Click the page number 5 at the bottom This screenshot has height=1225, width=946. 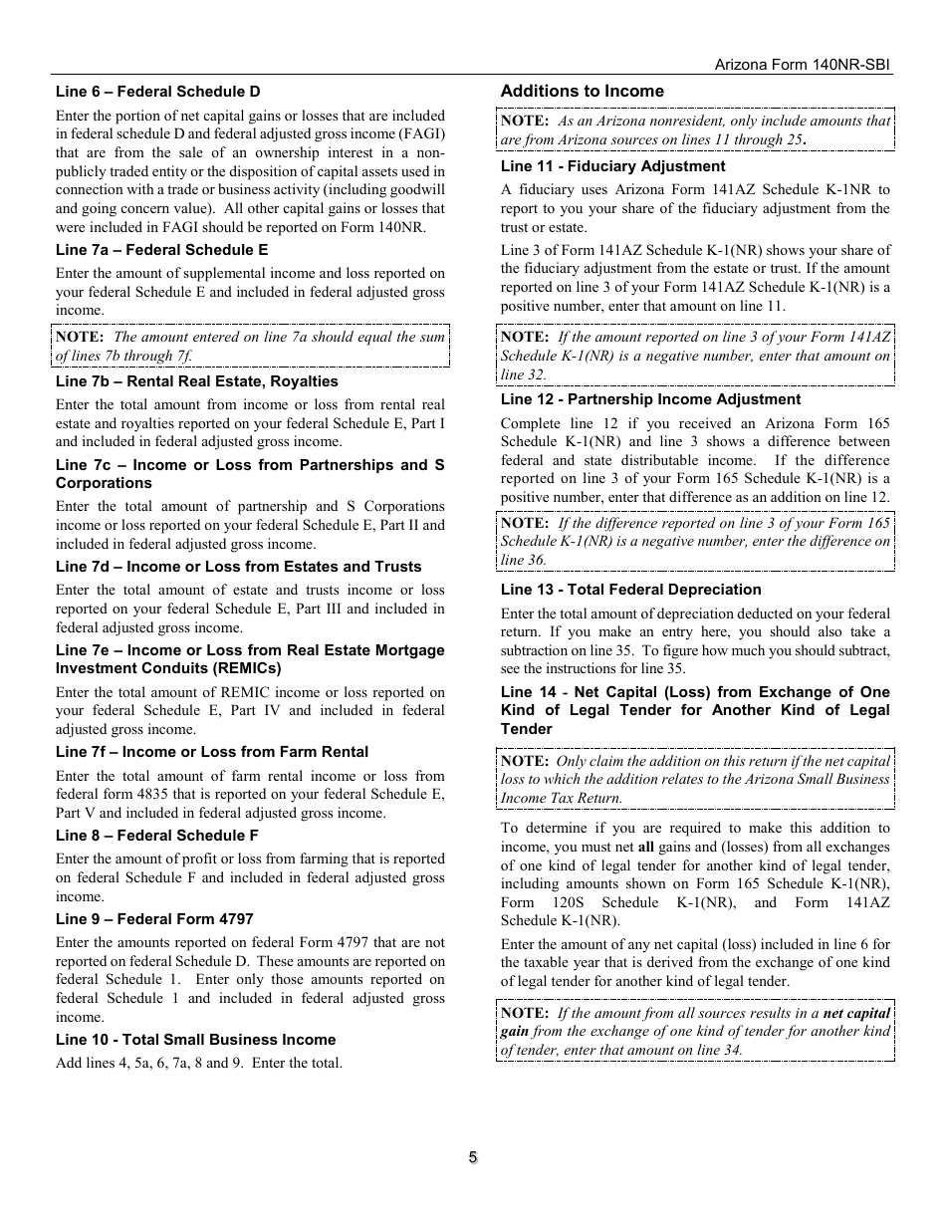(473, 1157)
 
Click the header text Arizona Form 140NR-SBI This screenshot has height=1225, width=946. (803, 64)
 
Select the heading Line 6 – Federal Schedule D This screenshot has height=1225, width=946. (158, 92)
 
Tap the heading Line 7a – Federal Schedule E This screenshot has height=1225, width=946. (161, 250)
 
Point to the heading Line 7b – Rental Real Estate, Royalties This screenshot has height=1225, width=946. (196, 381)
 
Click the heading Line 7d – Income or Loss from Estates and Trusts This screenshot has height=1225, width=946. (238, 567)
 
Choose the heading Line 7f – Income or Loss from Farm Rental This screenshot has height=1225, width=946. (211, 752)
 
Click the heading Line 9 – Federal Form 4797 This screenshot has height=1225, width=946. (154, 919)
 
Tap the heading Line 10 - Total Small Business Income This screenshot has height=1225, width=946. (195, 1040)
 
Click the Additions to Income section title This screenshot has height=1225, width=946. (582, 91)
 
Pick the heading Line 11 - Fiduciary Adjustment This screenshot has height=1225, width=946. (612, 166)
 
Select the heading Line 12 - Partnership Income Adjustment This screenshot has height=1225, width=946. (650, 399)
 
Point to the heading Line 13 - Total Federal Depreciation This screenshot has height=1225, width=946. (630, 590)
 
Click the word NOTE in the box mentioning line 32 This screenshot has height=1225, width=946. (524, 338)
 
